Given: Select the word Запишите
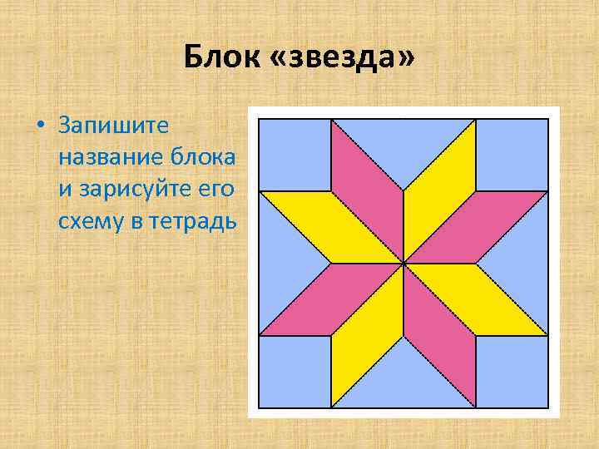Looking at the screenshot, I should click(x=114, y=126).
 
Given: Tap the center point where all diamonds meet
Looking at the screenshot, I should click(x=403, y=264).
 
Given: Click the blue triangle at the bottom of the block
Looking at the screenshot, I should click(x=403, y=382).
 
